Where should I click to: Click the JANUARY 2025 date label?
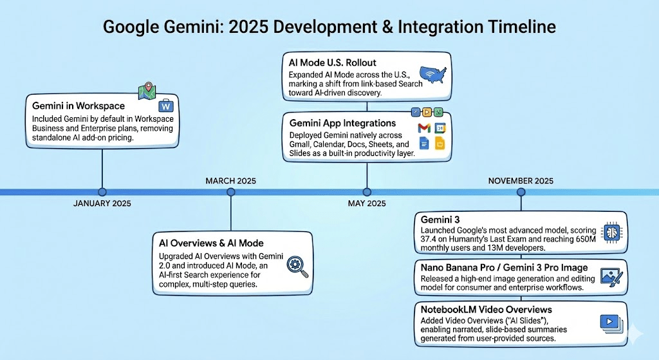(x=102, y=204)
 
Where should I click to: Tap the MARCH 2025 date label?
(x=231, y=181)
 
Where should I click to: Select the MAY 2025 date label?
(x=367, y=204)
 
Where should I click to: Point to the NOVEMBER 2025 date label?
(x=521, y=181)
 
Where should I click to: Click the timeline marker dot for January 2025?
(x=102, y=192)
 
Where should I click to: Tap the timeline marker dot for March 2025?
(x=231, y=192)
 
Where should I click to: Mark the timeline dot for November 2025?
(x=521, y=192)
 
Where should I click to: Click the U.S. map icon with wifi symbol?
(x=433, y=75)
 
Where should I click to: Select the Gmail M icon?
(x=424, y=128)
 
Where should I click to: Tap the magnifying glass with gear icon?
(x=297, y=267)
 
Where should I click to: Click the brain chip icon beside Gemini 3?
(x=611, y=232)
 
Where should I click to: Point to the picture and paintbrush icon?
(x=611, y=278)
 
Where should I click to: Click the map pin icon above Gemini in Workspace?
(x=147, y=91)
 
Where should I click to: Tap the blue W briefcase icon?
(x=165, y=106)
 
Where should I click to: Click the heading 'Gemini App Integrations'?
(x=342, y=123)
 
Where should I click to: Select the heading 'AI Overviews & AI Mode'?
(x=211, y=243)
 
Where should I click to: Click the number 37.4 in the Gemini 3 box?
(x=428, y=240)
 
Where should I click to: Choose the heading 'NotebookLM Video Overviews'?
(x=487, y=310)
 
